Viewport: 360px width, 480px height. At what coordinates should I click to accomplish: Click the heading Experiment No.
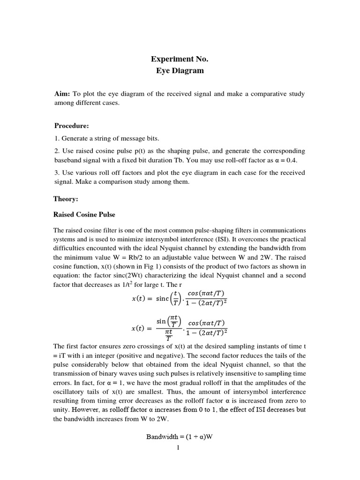(x=179, y=59)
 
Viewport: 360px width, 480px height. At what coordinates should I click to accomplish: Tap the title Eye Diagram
(x=180, y=71)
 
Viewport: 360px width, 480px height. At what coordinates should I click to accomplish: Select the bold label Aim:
(x=62, y=94)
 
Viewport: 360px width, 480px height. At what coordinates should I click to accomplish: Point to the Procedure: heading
(x=71, y=126)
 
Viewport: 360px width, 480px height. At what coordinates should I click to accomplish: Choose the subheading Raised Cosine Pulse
(x=84, y=215)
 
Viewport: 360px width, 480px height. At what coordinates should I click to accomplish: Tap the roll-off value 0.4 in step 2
(x=292, y=160)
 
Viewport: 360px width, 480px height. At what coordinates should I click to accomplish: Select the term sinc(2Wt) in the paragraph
(x=134, y=275)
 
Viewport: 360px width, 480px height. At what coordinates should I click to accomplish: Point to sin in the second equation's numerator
(x=162, y=321)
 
